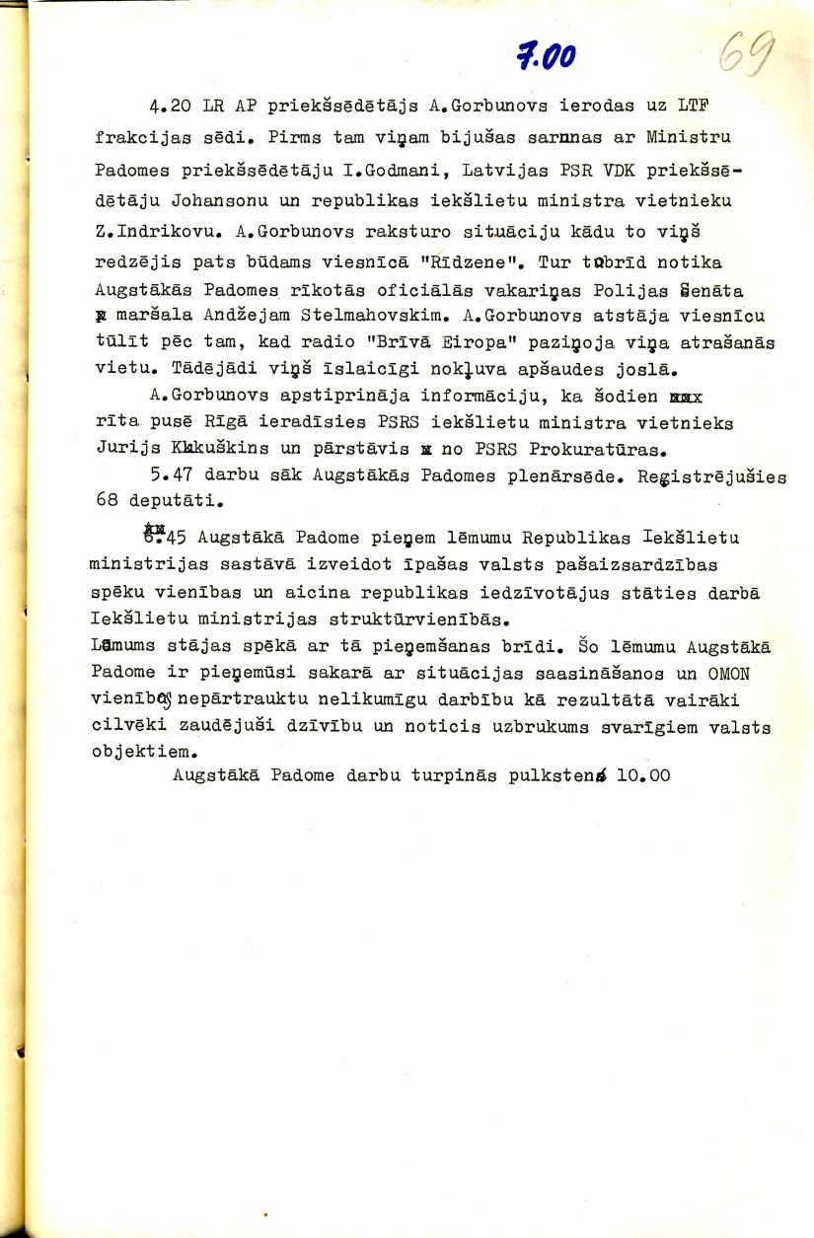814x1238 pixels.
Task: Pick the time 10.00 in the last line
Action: tap(642, 775)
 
